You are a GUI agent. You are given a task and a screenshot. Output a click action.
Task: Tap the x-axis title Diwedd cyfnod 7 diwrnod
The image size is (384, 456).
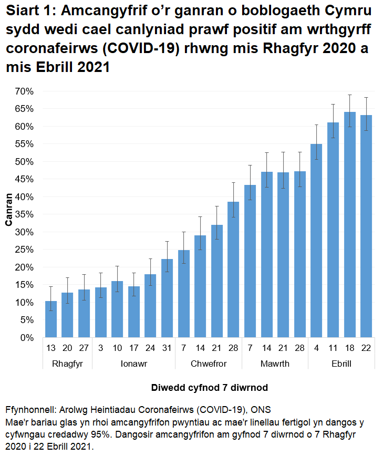point(210,388)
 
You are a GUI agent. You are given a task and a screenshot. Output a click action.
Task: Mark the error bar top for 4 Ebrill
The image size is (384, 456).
point(316,125)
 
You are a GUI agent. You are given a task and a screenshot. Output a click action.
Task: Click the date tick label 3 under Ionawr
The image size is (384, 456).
point(100,348)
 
